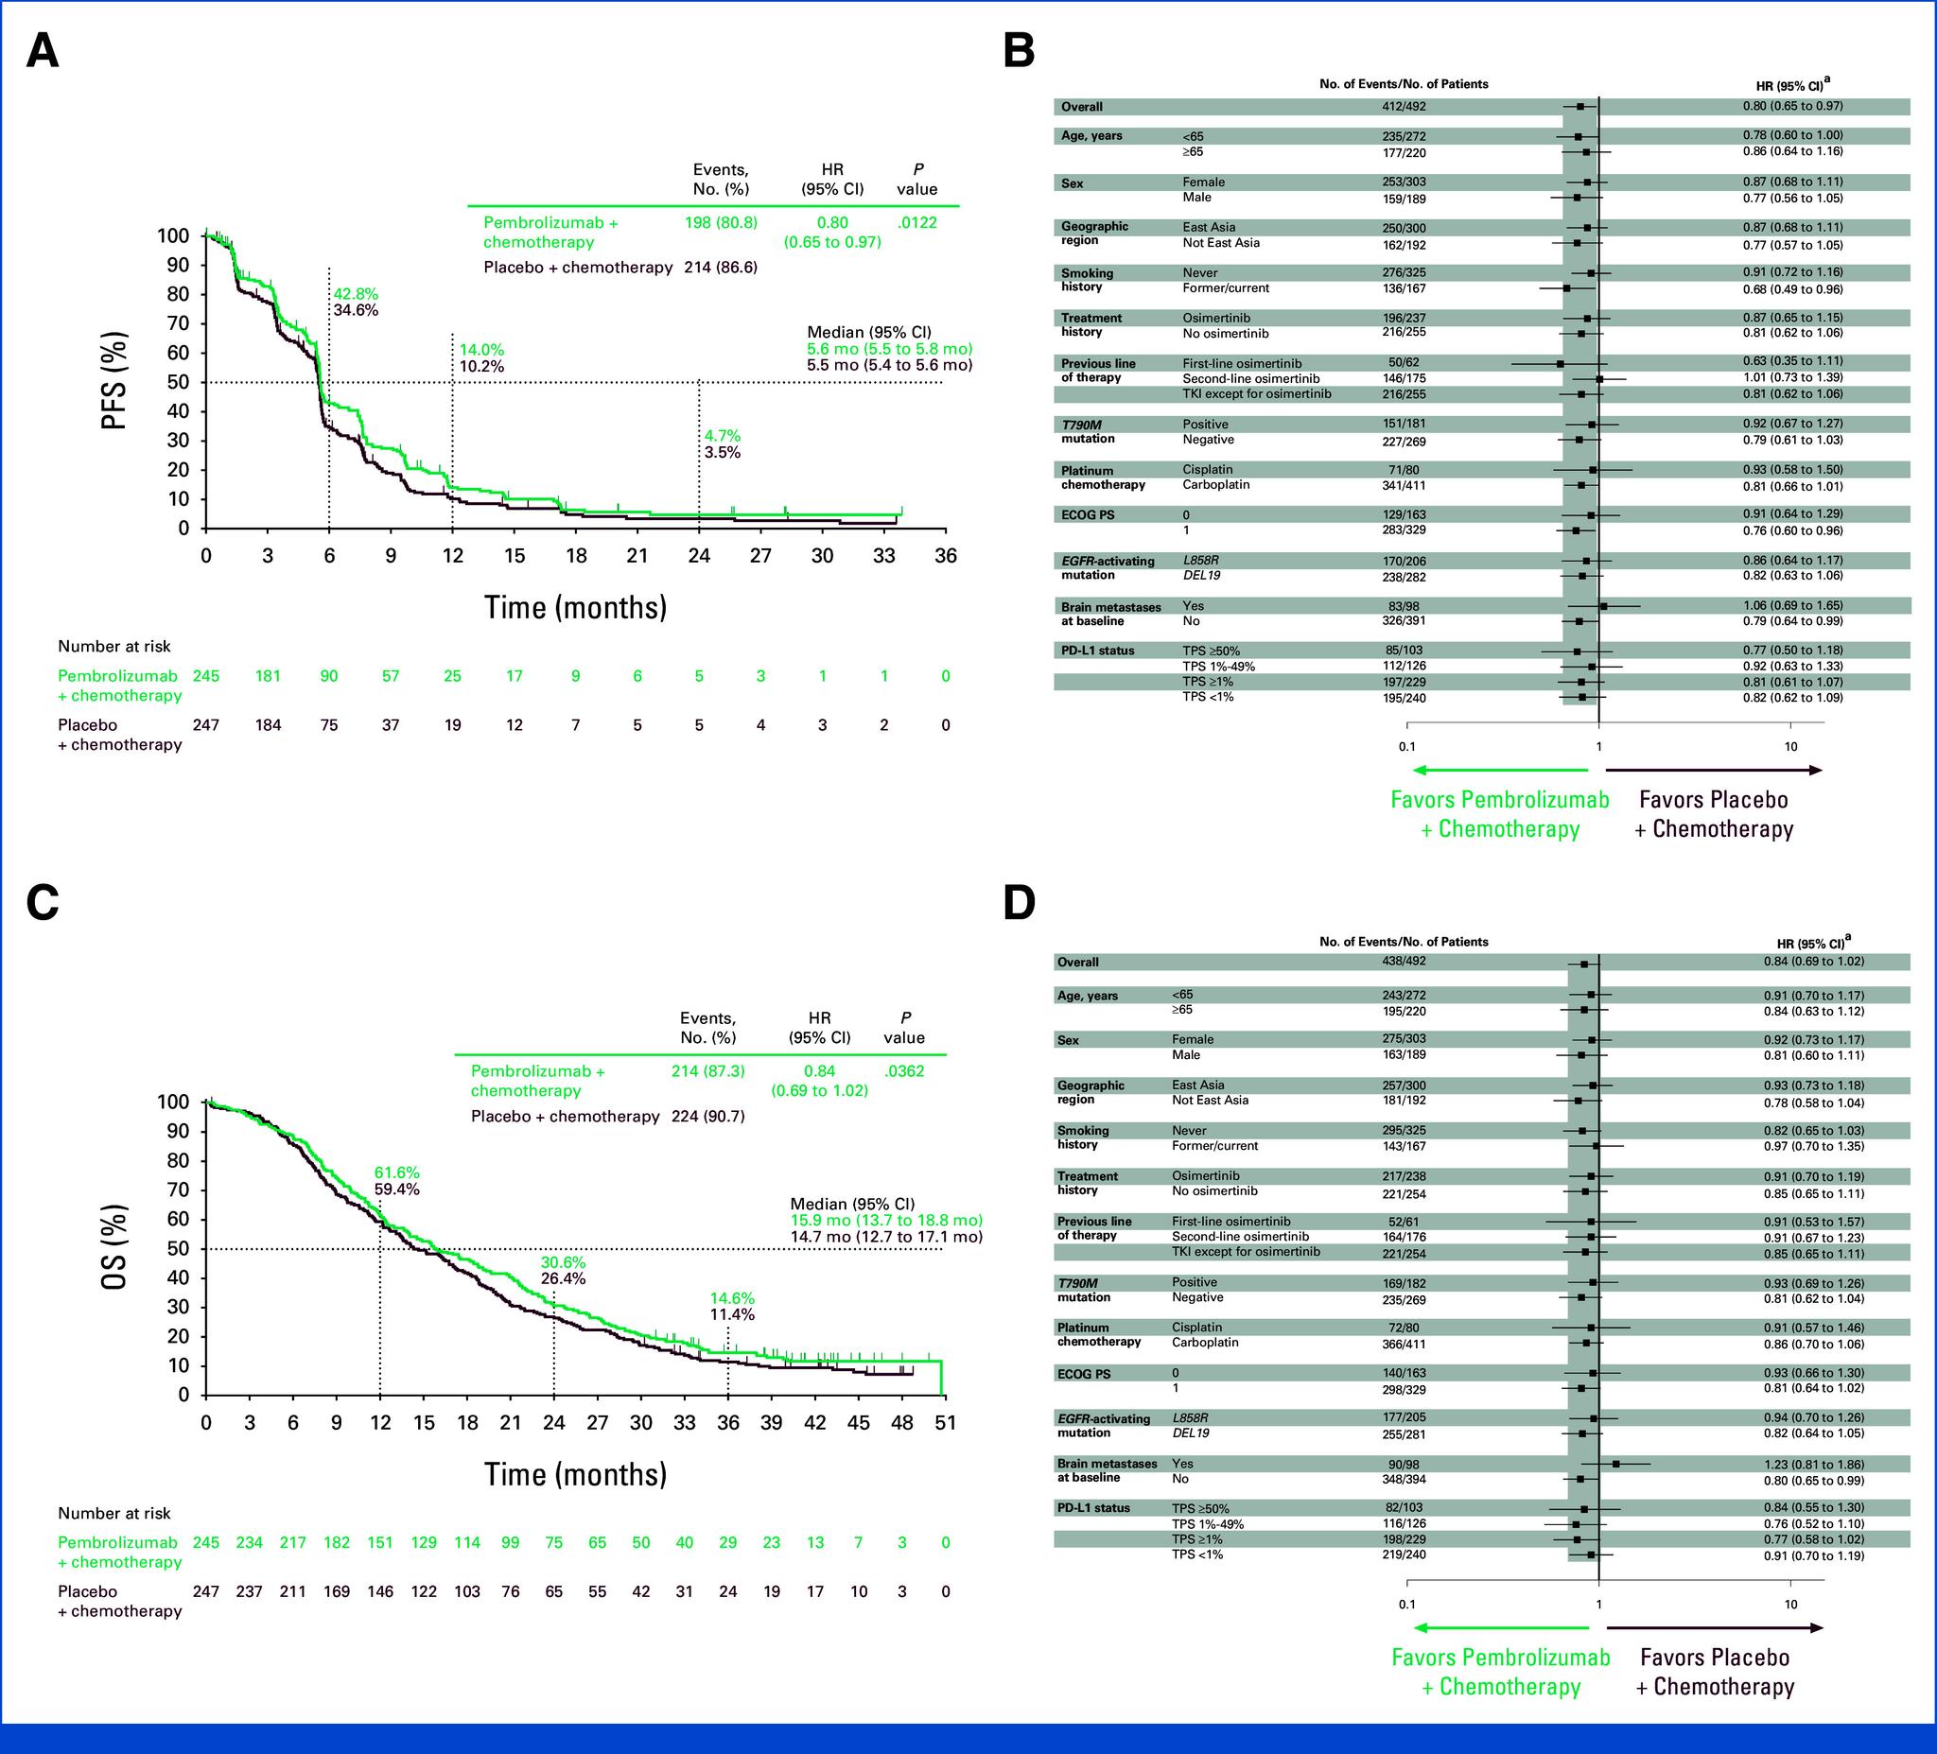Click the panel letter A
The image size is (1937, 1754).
click(x=43, y=51)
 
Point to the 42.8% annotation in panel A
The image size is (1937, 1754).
click(x=356, y=294)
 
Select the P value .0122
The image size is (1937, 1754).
click(x=916, y=222)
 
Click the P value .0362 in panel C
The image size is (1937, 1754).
click(x=904, y=1070)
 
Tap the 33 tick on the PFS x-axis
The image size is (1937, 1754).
click(x=884, y=555)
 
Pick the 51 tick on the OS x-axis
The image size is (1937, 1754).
click(x=946, y=1423)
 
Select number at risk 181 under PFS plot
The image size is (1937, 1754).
click(x=267, y=675)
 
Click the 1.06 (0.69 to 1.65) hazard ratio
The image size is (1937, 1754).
click(x=1793, y=605)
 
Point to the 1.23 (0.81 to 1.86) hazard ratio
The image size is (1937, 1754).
click(x=1793, y=1464)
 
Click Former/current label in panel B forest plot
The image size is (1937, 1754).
click(x=1225, y=287)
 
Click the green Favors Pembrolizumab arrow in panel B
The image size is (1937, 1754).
click(x=1499, y=770)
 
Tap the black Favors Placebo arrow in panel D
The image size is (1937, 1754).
click(x=1714, y=1627)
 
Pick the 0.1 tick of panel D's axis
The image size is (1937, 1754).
click(x=1406, y=1605)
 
